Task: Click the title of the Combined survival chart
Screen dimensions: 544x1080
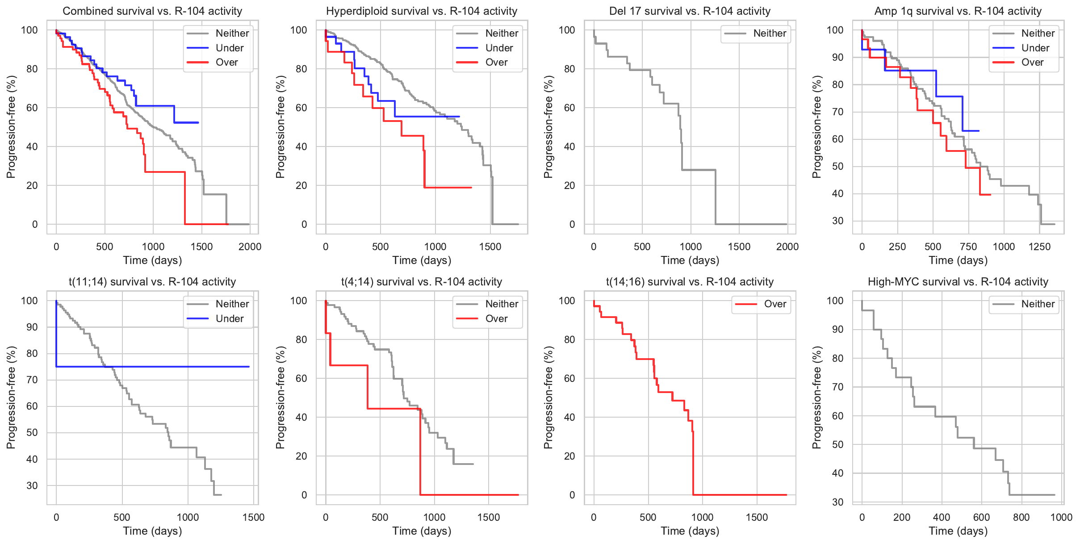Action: point(152,11)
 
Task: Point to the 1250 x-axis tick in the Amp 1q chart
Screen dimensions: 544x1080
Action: point(1039,247)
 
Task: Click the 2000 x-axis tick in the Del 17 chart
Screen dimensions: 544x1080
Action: point(787,247)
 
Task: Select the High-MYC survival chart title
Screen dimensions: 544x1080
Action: point(958,282)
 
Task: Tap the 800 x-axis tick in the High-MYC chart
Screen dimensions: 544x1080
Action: point(1021,517)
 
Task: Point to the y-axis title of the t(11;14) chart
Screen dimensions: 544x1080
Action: point(11,398)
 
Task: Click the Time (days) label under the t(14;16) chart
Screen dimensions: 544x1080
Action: point(690,531)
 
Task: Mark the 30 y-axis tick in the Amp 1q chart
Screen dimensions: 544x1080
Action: point(837,221)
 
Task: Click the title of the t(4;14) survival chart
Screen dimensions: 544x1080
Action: point(422,282)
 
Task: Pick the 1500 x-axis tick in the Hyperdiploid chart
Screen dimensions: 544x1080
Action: point(490,247)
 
